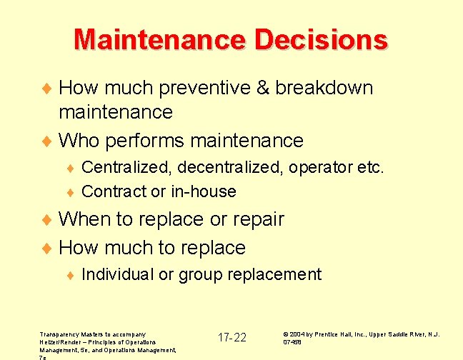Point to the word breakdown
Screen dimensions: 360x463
pyautogui.click(x=324, y=88)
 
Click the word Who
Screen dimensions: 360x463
pyautogui.click(x=79, y=140)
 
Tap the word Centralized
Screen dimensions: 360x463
pyautogui.click(x=127, y=168)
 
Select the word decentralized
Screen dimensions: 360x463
pyautogui.click(x=230, y=168)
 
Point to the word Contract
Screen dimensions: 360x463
pyautogui.click(x=114, y=191)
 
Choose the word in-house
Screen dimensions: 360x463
pyautogui.click(x=203, y=191)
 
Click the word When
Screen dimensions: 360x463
pyautogui.click(x=84, y=219)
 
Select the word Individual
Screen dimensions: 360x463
pyautogui.click(x=118, y=274)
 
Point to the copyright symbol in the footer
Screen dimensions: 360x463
pyautogui.click(x=286, y=334)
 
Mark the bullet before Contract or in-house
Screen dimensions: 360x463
pyautogui.click(x=70, y=192)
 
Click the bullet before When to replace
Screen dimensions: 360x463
pyautogui.click(x=49, y=220)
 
